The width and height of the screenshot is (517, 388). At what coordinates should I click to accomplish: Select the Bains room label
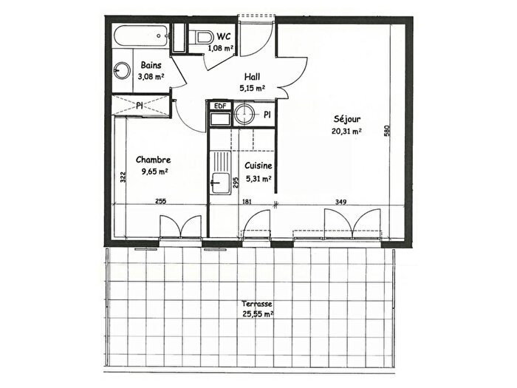click(151, 64)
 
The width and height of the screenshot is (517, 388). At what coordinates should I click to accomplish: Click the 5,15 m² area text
click(252, 88)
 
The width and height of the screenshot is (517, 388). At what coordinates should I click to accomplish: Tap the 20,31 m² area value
click(346, 132)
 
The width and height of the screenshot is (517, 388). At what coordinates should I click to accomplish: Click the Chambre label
click(153, 159)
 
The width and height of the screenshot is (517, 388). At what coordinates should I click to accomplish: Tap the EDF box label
click(219, 106)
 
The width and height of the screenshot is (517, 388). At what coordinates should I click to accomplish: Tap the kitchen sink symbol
click(216, 183)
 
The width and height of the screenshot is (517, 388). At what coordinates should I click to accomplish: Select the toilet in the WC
click(202, 37)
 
